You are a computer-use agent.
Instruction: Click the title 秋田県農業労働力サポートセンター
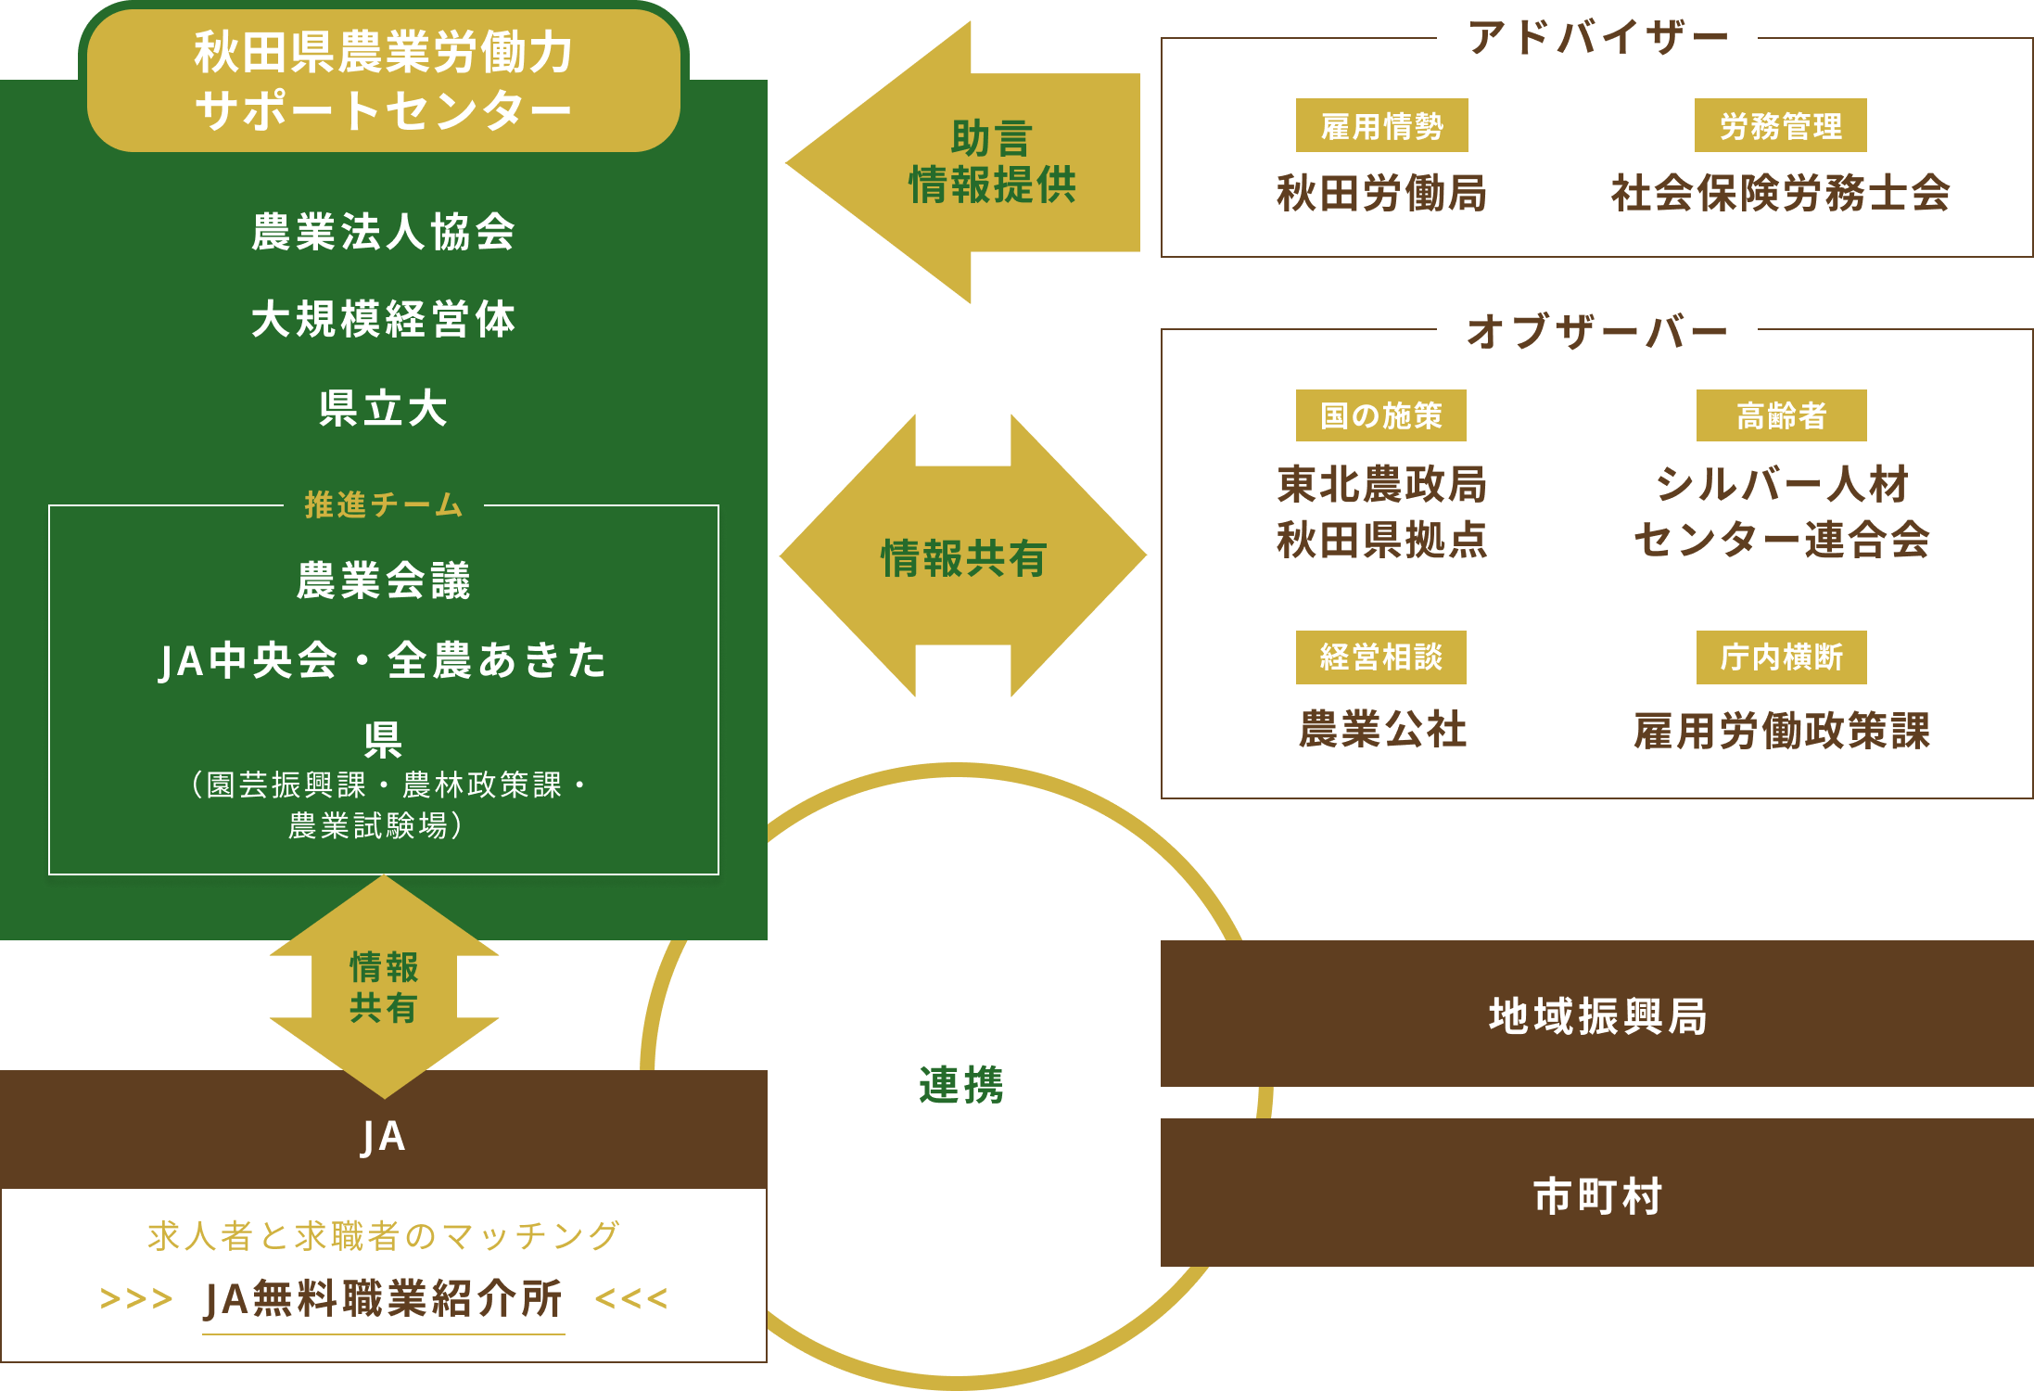tap(383, 80)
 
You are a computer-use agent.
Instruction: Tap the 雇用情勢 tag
tap(1381, 126)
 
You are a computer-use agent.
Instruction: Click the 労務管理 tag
tap(1780, 126)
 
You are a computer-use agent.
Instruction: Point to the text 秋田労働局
tap(1381, 194)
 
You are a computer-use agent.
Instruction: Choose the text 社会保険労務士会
tap(1780, 194)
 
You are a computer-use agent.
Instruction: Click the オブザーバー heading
tap(1596, 330)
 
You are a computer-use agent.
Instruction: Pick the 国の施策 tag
tap(1381, 415)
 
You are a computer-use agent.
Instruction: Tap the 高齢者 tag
tap(1781, 415)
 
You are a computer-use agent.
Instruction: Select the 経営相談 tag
tap(1381, 657)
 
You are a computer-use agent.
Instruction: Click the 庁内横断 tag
tap(1781, 657)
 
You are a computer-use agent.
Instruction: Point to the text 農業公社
tap(1381, 729)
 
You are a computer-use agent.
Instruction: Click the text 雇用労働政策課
tap(1781, 731)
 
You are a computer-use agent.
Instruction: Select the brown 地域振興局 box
tap(1596, 1015)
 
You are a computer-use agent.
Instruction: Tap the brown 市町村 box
tap(1596, 1194)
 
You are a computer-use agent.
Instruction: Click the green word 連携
tap(960, 1085)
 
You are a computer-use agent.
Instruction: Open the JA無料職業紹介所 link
tap(383, 1298)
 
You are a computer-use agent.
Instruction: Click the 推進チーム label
tap(383, 505)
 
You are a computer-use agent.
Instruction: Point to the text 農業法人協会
tap(383, 232)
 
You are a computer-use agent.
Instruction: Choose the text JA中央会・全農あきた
tap(383, 661)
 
